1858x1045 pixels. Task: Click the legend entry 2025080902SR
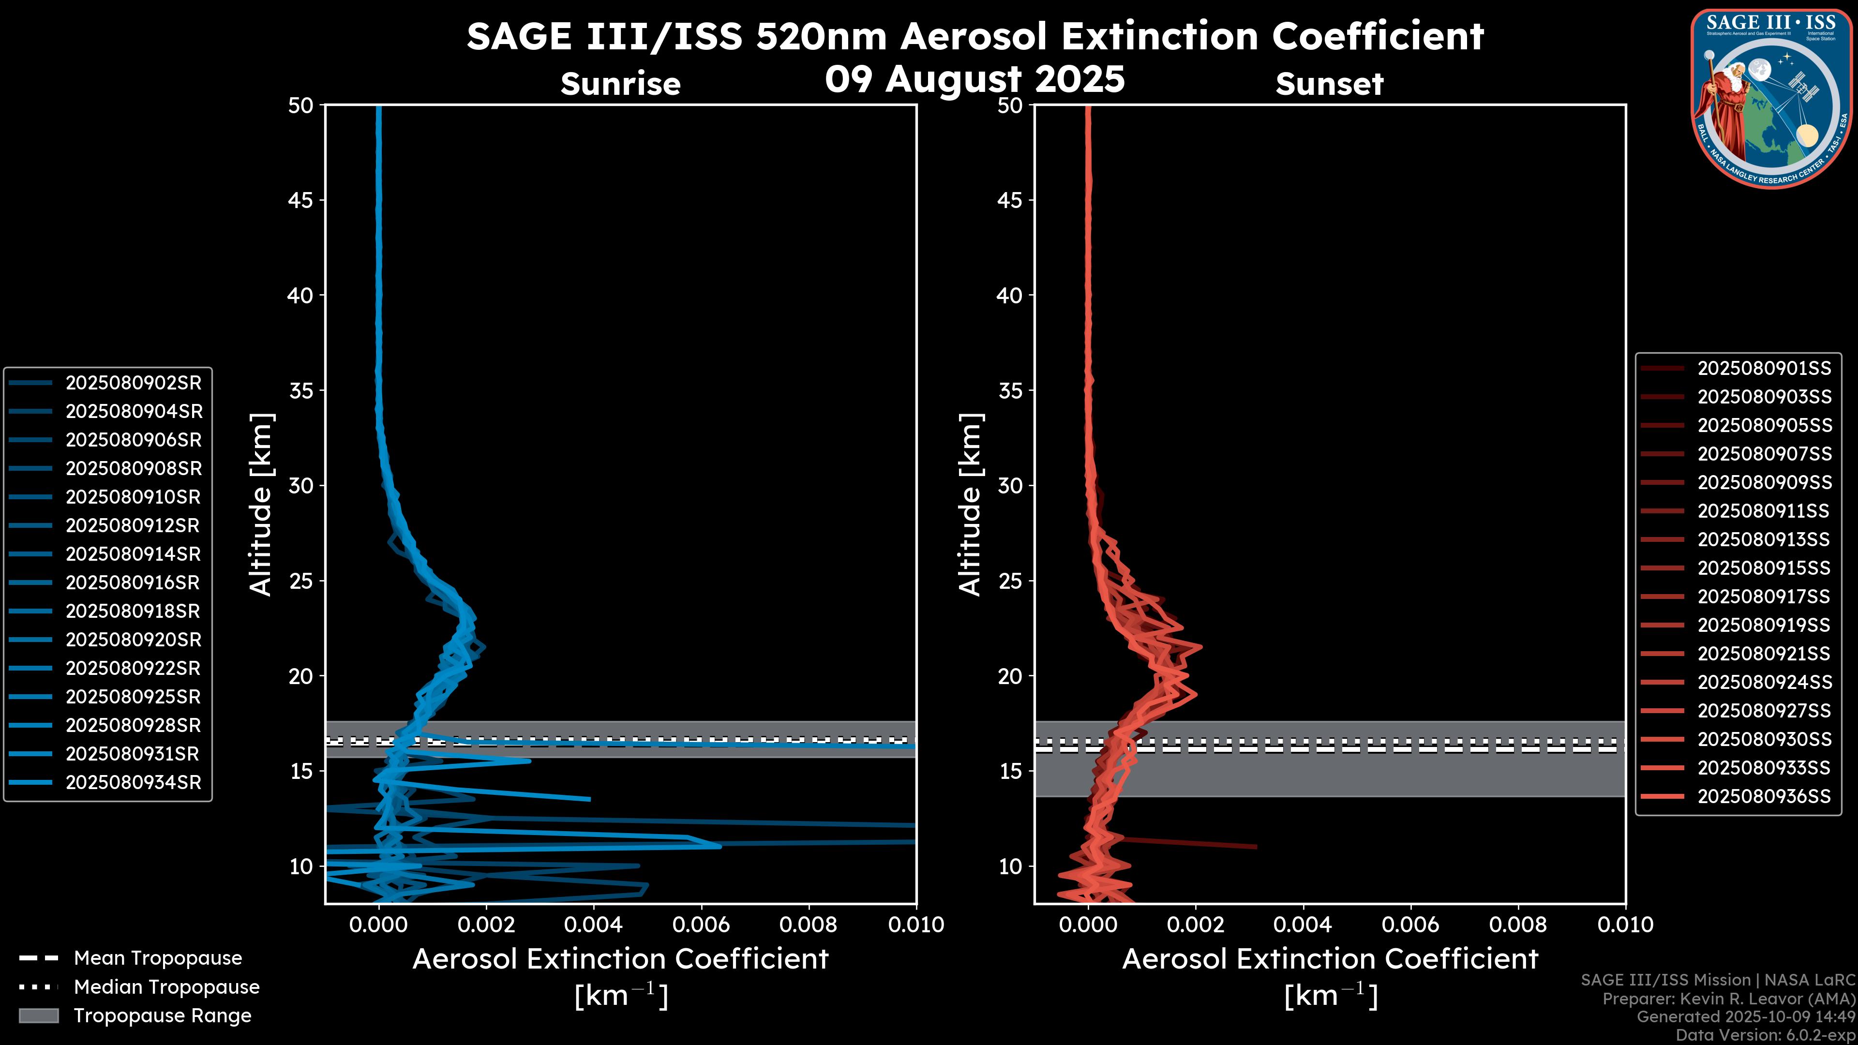point(134,383)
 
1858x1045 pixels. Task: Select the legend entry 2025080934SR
point(134,782)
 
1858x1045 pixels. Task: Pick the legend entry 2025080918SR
point(134,612)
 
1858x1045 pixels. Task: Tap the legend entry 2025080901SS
point(1764,369)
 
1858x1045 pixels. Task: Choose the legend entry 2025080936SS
point(1764,796)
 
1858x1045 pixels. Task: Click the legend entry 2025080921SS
point(1764,654)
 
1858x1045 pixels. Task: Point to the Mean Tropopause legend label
point(158,958)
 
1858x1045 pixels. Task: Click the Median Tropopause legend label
point(166,987)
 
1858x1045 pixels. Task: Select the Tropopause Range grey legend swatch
point(39,1015)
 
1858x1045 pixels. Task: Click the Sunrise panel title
point(620,84)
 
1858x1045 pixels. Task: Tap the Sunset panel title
point(1329,84)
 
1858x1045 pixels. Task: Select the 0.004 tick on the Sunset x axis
point(1303,925)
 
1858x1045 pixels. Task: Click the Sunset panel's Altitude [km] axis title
point(970,504)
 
